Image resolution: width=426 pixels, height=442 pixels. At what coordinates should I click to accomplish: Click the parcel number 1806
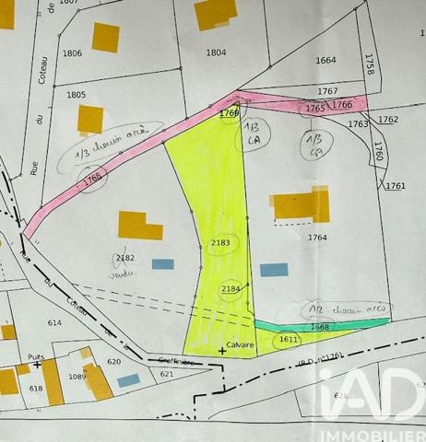(72, 53)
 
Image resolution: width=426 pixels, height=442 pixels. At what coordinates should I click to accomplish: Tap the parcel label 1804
(216, 52)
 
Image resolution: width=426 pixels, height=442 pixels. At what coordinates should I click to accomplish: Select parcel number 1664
(325, 61)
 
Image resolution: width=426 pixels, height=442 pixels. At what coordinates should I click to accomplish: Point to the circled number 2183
(220, 243)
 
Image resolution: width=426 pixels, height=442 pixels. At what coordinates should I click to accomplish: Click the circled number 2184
(231, 289)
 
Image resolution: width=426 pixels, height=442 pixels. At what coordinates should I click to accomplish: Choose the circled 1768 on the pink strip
(92, 180)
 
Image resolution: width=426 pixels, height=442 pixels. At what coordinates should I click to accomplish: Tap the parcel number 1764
(318, 238)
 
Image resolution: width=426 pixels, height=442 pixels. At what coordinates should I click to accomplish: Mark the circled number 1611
(288, 340)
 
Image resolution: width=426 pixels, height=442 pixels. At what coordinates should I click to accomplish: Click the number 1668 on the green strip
(319, 326)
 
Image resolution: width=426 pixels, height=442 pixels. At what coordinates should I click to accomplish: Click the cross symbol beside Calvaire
(221, 351)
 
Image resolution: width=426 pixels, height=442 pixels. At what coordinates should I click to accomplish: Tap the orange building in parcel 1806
(105, 37)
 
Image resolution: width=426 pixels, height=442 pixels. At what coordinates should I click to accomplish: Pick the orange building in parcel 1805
(90, 120)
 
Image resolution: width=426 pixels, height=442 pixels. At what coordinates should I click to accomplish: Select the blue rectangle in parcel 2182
(163, 264)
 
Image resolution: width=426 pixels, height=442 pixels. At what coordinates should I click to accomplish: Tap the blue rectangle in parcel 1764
(274, 270)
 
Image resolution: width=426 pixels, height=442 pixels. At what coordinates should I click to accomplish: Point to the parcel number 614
(53, 322)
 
